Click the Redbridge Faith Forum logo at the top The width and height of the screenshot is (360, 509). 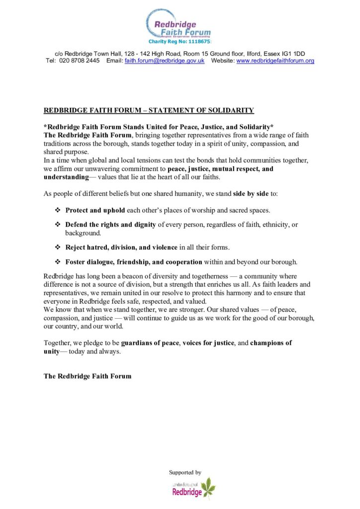(179, 23)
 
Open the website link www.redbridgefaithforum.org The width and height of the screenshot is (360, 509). (275, 61)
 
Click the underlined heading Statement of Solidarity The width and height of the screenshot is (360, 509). (149, 110)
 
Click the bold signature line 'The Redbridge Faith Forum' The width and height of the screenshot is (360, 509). (88, 376)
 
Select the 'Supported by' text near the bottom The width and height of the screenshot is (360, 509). (185, 472)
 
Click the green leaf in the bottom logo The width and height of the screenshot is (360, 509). (207, 486)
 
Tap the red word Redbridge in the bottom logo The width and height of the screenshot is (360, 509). (187, 492)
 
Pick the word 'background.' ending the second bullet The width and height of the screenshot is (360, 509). (83, 233)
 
